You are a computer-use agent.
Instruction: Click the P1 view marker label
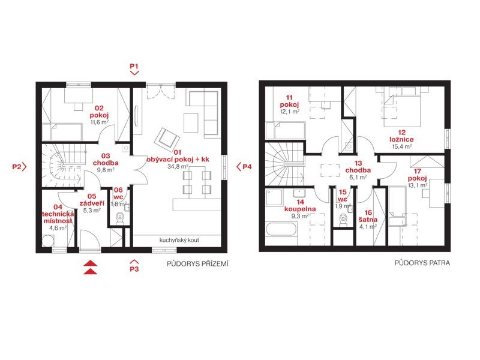click(134, 66)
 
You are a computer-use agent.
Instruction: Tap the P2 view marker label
click(17, 167)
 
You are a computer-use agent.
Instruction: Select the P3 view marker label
click(134, 269)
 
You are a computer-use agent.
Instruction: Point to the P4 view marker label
click(247, 167)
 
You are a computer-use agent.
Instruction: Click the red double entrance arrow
click(91, 267)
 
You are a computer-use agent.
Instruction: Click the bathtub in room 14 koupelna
click(281, 230)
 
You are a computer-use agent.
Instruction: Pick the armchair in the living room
click(167, 139)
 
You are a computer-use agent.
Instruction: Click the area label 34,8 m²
click(178, 167)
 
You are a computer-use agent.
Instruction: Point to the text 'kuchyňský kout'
click(179, 241)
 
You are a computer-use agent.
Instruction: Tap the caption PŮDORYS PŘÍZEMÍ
click(198, 264)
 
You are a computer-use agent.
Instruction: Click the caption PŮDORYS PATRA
click(422, 263)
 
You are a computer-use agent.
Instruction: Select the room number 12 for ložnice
click(402, 133)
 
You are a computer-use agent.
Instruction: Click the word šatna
click(368, 220)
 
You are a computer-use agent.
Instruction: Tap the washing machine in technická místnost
click(49, 241)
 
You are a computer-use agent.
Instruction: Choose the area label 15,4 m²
click(402, 146)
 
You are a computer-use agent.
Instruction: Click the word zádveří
click(92, 203)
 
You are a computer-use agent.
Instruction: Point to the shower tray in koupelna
click(274, 197)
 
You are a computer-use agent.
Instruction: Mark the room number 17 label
click(417, 172)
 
